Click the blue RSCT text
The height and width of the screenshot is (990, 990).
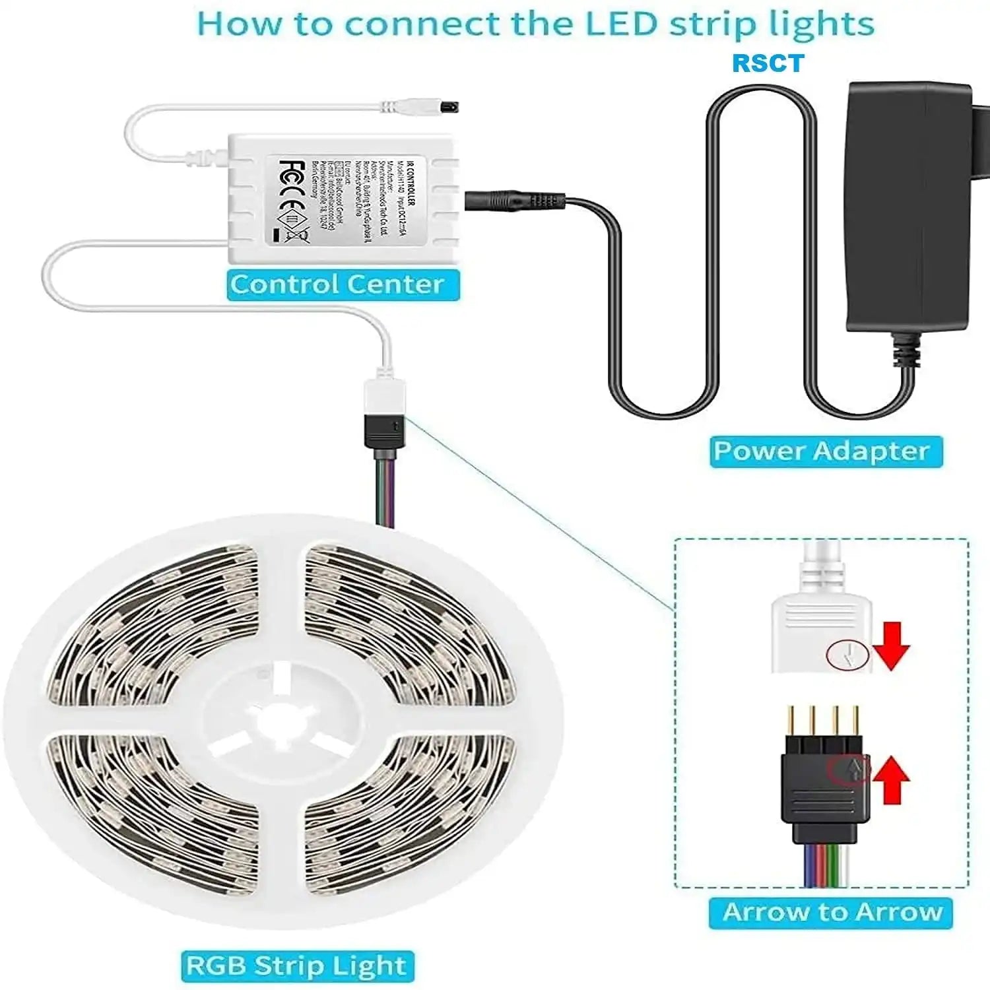point(768,63)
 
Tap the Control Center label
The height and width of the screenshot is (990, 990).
point(337,284)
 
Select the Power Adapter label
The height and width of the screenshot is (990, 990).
point(822,451)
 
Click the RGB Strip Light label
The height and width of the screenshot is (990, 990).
point(296,965)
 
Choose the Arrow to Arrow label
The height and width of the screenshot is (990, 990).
point(832,912)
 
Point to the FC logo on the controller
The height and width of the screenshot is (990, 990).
point(292,177)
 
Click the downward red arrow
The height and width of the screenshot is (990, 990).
point(892,646)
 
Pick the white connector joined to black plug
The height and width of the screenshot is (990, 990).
point(385,399)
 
